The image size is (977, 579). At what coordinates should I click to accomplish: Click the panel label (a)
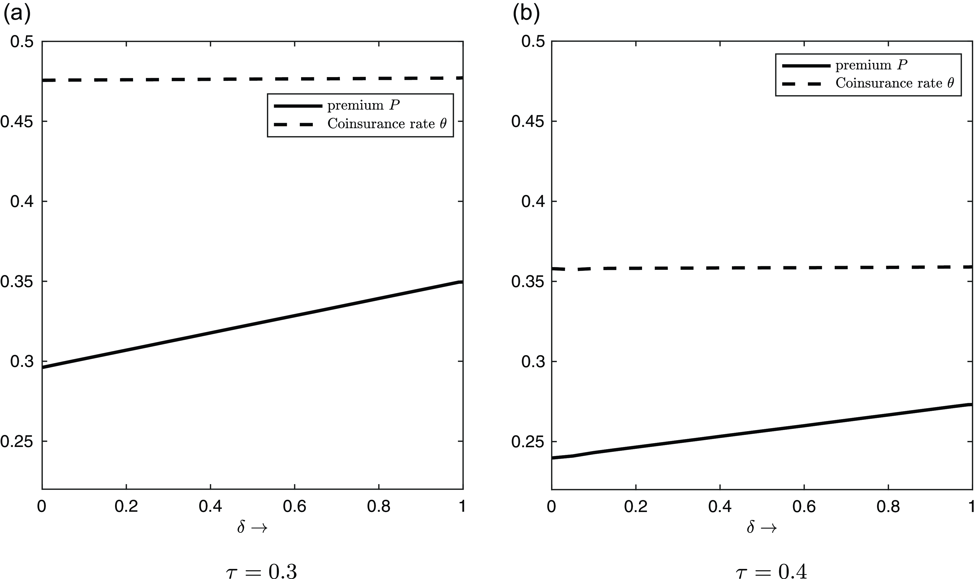(x=16, y=15)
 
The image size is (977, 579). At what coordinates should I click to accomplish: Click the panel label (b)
(x=526, y=15)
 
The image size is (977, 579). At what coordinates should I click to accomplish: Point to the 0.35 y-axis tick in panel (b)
(x=526, y=282)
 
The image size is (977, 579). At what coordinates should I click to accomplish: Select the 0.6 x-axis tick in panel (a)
(x=294, y=507)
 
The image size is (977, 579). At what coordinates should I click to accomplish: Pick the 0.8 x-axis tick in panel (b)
(x=888, y=507)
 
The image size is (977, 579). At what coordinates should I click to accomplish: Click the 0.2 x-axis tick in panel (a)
(x=126, y=507)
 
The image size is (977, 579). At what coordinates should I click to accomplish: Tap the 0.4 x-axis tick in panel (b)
(x=720, y=507)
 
